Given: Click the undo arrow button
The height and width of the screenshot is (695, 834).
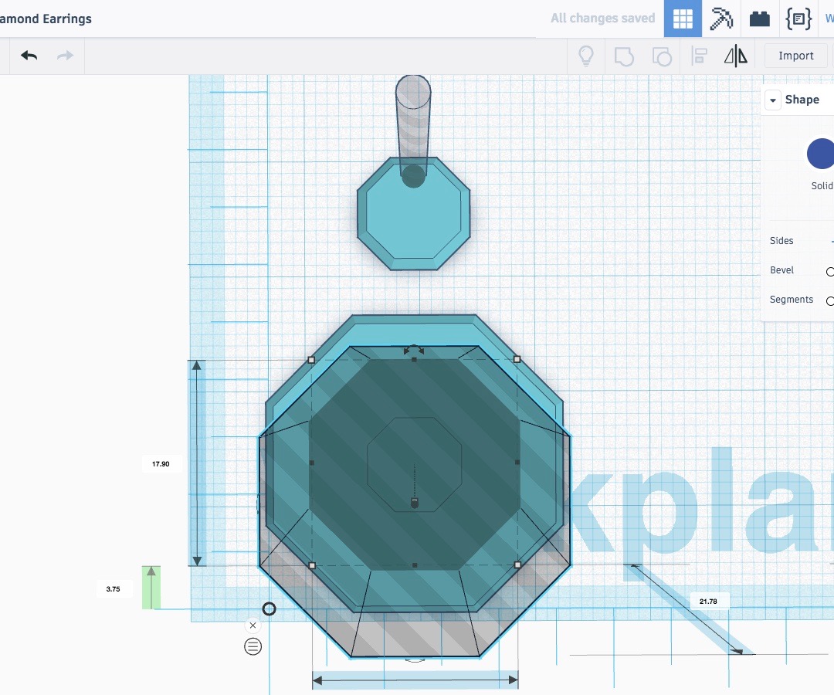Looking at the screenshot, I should point(29,56).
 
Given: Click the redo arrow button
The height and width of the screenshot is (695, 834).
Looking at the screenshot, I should point(66,56).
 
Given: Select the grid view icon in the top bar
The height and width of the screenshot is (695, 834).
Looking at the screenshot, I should point(683,19).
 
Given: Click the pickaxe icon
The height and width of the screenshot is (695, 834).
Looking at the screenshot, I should point(721,19).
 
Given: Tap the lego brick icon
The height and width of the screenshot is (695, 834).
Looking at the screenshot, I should point(760,19).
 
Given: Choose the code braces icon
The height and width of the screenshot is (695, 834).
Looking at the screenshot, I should point(798,19).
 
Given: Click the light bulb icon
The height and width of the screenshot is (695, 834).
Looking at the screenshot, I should point(586,56).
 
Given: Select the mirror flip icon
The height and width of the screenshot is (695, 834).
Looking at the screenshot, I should point(736,56).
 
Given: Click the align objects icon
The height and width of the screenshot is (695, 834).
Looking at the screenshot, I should point(700,56).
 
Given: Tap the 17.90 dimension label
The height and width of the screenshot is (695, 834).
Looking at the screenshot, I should point(161,464).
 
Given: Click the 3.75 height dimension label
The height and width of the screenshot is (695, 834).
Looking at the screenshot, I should point(114,589).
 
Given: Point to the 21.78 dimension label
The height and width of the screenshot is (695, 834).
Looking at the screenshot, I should point(708,602).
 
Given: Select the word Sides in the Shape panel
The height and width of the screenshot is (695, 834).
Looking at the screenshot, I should point(781,241).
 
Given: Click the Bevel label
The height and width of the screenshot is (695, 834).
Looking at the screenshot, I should point(781,270).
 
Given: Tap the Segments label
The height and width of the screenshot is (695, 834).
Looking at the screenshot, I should point(791,300).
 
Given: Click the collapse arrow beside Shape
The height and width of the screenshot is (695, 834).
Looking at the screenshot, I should point(773,100).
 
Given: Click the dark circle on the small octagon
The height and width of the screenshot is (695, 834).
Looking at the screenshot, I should point(414,176).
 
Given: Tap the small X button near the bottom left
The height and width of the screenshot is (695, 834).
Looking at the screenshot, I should point(253,625).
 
